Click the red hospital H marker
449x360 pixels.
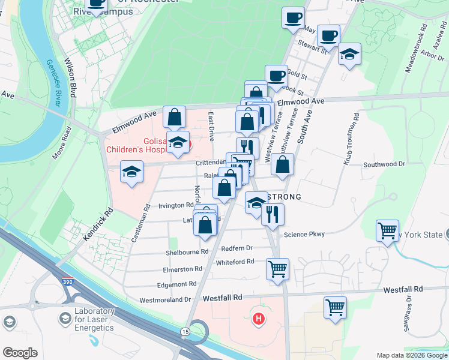click(259, 318)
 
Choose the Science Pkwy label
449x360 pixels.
click(304, 235)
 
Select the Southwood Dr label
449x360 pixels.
click(384, 163)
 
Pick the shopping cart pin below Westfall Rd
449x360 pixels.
click(336, 307)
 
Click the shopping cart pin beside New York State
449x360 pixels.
click(388, 230)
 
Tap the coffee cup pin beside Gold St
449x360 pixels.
click(276, 76)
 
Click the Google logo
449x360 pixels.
click(20, 353)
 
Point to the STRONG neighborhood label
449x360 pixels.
click(283, 197)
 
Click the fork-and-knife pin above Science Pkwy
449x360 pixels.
click(273, 214)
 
